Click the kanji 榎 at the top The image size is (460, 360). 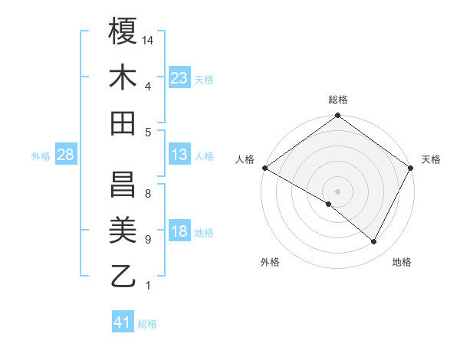click(x=123, y=31)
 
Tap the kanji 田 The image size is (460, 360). click(x=123, y=123)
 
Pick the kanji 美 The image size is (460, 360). click(x=123, y=231)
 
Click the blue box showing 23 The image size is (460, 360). click(x=179, y=78)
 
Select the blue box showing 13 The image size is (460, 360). click(x=179, y=155)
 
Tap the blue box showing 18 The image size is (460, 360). click(x=179, y=232)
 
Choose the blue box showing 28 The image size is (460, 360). click(x=65, y=155)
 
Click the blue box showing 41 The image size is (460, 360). click(x=122, y=322)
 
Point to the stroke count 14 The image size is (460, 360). click(x=149, y=40)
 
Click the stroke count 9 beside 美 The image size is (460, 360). click(x=147, y=240)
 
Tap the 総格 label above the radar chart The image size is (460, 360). click(x=337, y=100)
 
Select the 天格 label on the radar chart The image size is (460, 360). click(x=431, y=159)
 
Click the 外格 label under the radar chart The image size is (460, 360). click(x=269, y=262)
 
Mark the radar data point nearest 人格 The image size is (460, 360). click(x=264, y=168)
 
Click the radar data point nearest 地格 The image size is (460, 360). click(x=374, y=242)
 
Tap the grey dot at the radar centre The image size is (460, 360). click(x=337, y=191)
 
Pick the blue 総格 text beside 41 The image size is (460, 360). click(x=147, y=324)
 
